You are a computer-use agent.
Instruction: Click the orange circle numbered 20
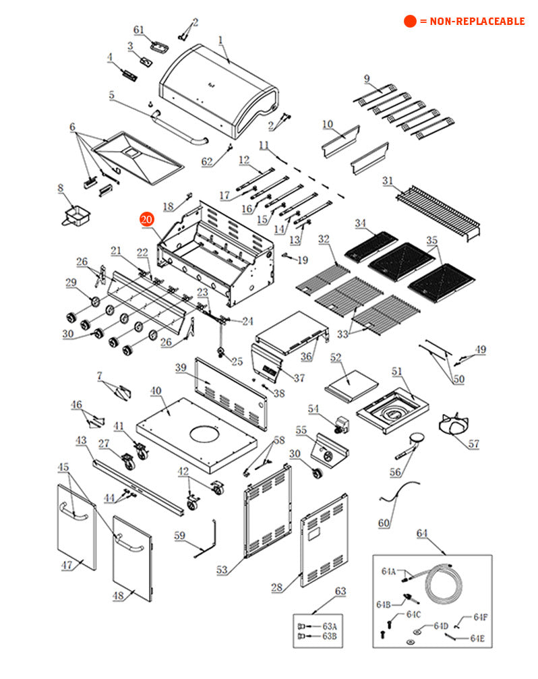[147, 219]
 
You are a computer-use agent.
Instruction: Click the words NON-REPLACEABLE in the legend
[472, 22]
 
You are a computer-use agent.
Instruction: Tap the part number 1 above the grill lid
[220, 40]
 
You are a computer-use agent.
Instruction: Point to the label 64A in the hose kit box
[388, 572]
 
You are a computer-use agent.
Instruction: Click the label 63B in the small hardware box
[329, 636]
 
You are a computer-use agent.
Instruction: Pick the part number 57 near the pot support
[475, 444]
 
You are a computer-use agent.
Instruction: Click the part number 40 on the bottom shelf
[156, 390]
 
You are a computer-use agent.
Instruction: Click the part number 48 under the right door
[119, 595]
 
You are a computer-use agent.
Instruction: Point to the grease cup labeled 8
[76, 216]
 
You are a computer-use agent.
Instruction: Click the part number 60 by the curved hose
[384, 523]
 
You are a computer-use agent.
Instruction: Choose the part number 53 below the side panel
[222, 570]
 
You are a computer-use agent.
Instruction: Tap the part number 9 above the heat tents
[367, 79]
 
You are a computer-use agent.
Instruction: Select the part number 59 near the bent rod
[179, 535]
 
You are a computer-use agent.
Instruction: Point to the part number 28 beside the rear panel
[276, 588]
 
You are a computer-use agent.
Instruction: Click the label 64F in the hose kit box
[480, 617]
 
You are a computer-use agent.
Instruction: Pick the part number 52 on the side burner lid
[336, 357]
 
